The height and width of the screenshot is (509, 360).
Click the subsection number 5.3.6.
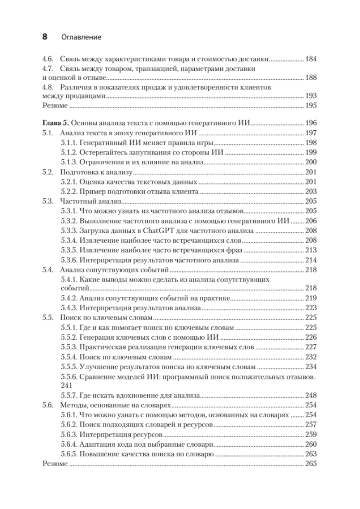(x=69, y=260)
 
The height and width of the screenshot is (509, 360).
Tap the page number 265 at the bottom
(x=312, y=464)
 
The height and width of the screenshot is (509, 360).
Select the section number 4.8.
(x=47, y=87)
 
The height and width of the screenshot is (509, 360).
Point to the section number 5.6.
(x=47, y=405)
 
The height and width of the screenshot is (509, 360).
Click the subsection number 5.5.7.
(x=69, y=396)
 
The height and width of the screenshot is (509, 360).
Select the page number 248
(x=312, y=396)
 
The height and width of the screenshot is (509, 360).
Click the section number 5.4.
(x=47, y=270)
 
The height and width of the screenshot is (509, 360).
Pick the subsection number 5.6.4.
(x=69, y=444)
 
